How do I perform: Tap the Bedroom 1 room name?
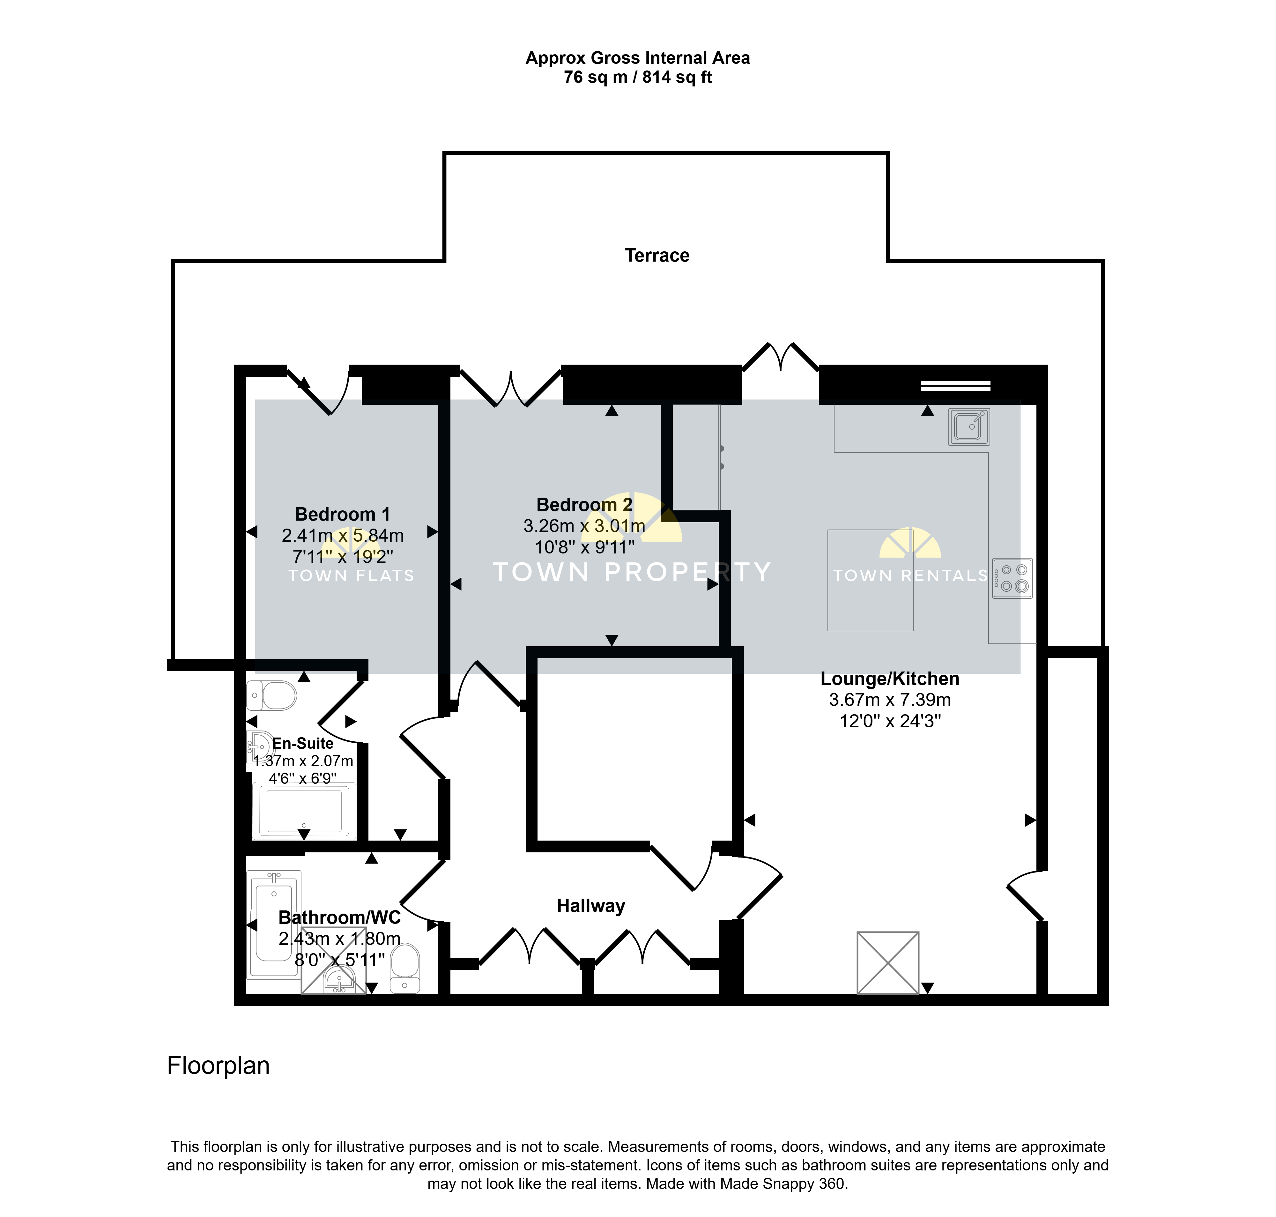343,515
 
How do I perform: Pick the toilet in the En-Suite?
271,695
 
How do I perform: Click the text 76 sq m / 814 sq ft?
638,77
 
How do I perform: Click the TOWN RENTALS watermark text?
910,575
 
